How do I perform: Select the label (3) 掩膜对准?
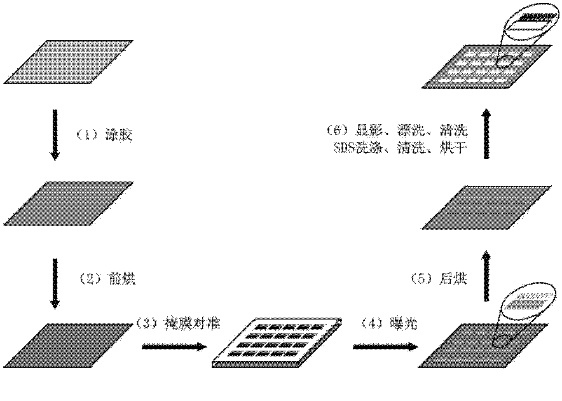pyautogui.click(x=178, y=324)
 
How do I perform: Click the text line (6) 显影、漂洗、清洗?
pyautogui.click(x=399, y=132)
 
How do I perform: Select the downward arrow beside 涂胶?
pyautogui.click(x=55, y=136)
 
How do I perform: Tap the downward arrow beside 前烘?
pyautogui.click(x=55, y=281)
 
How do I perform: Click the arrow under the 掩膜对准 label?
pyautogui.click(x=174, y=346)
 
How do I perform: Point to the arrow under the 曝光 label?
pyautogui.click(x=385, y=346)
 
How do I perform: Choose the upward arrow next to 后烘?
pyautogui.click(x=488, y=275)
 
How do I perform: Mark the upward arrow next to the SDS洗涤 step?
pyautogui.click(x=488, y=135)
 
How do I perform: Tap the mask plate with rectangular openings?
pyautogui.click(x=278, y=344)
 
